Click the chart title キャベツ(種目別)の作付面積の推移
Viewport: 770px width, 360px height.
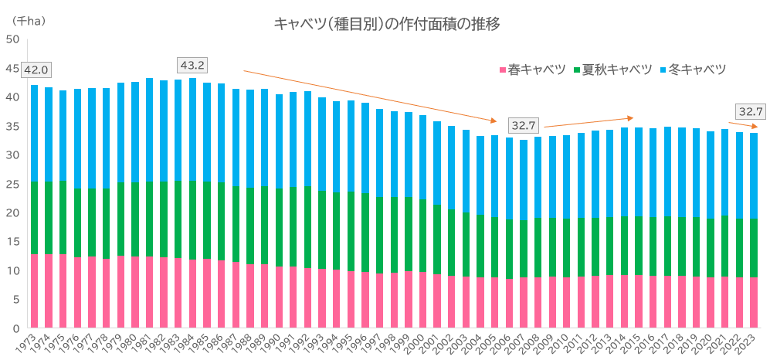tap(387, 24)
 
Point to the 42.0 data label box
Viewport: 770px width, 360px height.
tap(36, 70)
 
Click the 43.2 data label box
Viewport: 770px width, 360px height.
tap(192, 65)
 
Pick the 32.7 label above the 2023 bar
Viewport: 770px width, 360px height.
tap(751, 111)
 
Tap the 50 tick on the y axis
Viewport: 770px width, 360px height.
tap(12, 39)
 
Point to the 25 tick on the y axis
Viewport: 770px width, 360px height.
tap(12, 184)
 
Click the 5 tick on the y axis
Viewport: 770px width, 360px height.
tap(15, 300)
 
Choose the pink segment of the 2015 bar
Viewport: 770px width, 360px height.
tap(639, 301)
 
